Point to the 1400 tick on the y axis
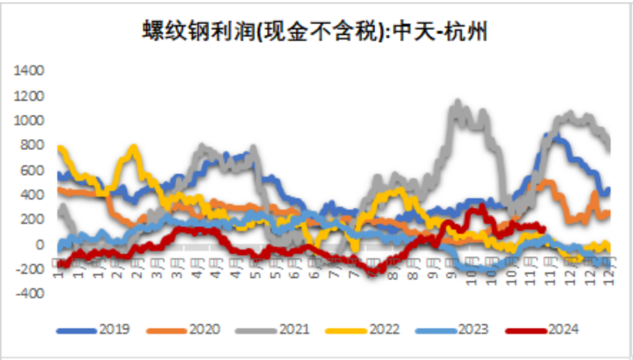click(x=29, y=71)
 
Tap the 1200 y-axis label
click(x=29, y=96)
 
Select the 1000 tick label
click(x=29, y=121)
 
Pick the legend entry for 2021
click(x=294, y=330)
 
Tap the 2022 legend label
click(x=383, y=330)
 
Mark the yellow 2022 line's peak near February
click(x=134, y=148)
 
